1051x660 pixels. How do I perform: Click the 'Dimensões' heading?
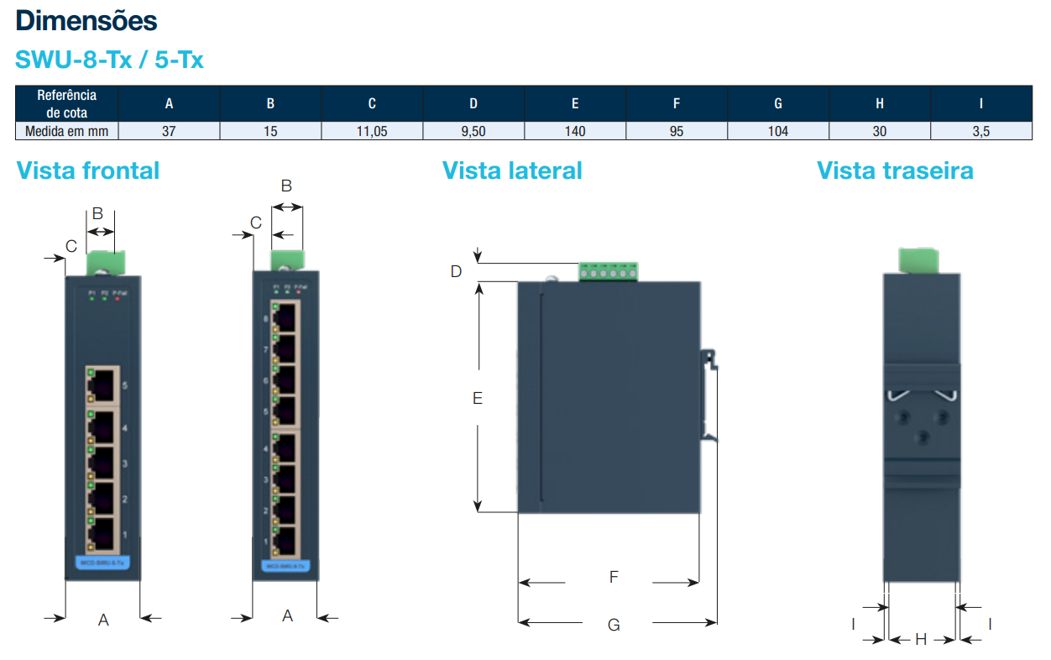86,20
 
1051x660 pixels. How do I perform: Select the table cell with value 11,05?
372,131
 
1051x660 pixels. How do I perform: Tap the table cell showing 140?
575,131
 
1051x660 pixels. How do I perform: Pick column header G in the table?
778,103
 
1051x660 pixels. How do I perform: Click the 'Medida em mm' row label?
66,131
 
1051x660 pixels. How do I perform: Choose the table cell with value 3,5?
980,131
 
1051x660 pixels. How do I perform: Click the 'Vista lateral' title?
512,170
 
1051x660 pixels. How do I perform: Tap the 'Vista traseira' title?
895,170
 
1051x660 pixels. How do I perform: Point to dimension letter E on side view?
478,398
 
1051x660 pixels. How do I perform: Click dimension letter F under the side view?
614,577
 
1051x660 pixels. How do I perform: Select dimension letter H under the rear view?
921,639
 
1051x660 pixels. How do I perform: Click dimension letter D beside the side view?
456,271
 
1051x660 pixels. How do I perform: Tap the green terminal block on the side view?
608,271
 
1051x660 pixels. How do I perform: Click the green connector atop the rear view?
919,260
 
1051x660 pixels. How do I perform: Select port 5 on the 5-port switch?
102,386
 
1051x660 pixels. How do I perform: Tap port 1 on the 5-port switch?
102,534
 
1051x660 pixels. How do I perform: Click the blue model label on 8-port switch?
285,566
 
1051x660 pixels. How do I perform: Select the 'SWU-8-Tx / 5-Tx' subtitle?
109,60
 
